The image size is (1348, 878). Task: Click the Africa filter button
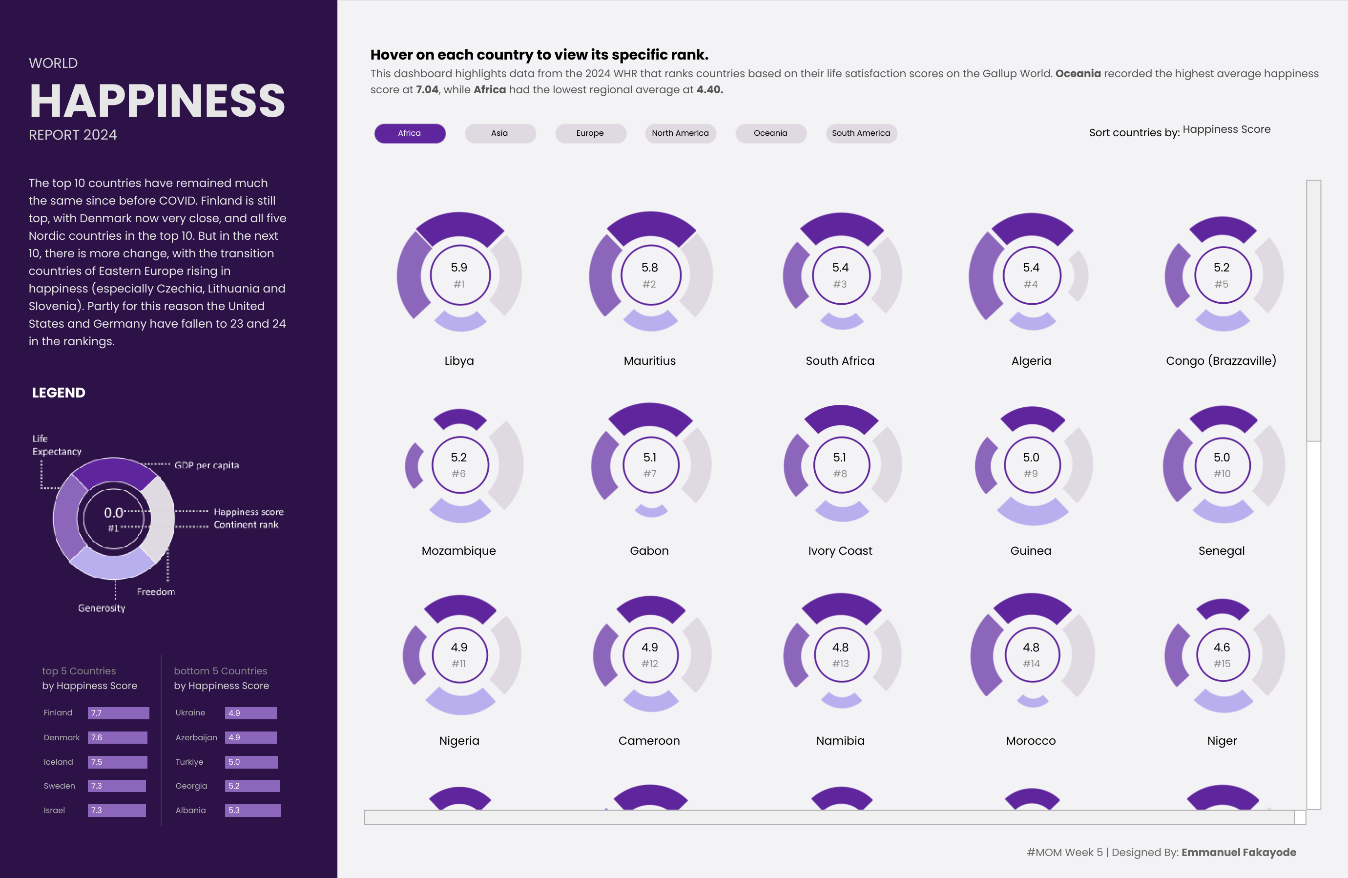410,133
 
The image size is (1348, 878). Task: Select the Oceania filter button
770,133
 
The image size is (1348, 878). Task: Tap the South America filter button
861,133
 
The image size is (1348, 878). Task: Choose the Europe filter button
590,133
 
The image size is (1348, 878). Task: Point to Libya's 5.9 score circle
459,275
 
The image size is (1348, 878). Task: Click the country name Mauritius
650,361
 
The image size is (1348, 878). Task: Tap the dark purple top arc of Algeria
1032,227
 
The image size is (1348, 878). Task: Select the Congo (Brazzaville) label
1221,361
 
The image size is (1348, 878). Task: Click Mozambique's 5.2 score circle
459,465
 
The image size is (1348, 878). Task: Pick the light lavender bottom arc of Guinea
1032,513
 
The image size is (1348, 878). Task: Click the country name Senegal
1222,551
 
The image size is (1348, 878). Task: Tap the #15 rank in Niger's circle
1222,663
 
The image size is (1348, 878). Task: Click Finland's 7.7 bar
118,712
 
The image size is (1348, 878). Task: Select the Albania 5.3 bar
252,811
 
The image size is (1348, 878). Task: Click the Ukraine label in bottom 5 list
190,712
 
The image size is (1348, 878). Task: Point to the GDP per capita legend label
207,465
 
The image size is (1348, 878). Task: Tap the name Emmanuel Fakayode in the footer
1239,852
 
